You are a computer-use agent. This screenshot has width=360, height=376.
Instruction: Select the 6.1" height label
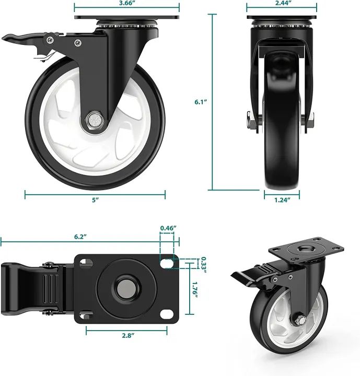pyautogui.click(x=200, y=103)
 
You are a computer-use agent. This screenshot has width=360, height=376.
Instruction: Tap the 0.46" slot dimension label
pyautogui.click(x=168, y=228)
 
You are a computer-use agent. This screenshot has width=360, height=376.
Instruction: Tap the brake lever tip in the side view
pyautogui.click(x=9, y=39)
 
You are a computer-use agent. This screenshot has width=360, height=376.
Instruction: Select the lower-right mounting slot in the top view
pyautogui.click(x=167, y=313)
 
